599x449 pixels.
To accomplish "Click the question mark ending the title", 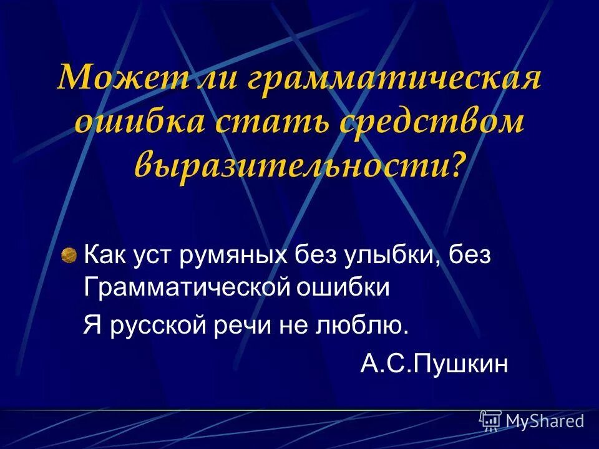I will click(457, 161).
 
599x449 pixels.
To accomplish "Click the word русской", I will click(159, 326).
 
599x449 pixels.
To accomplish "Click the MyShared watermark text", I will click(545, 422).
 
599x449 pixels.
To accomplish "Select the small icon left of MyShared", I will click(490, 422).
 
